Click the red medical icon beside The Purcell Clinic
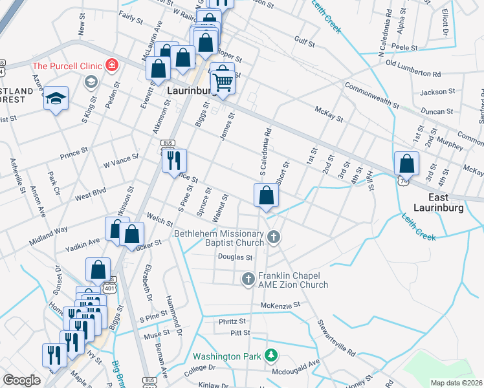[x=112, y=65]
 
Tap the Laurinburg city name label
[x=193, y=91]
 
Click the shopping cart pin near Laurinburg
[x=223, y=81]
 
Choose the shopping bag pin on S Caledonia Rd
[x=266, y=195]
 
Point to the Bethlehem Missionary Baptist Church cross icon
[x=274, y=237]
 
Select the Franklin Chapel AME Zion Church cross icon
[x=247, y=279]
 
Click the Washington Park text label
[x=226, y=356]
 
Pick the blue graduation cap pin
[x=56, y=99]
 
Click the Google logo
[x=21, y=380]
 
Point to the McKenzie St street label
[x=281, y=305]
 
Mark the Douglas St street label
[x=235, y=257]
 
